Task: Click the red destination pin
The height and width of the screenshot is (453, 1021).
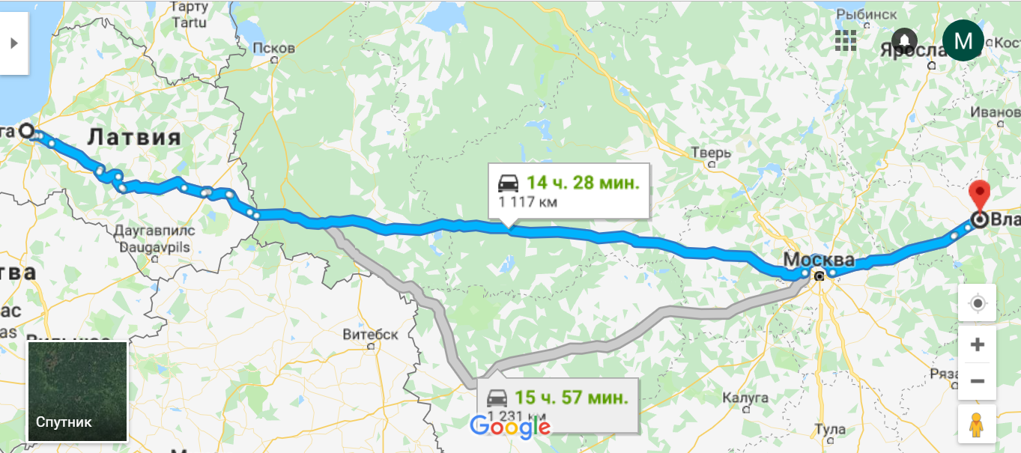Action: (979, 195)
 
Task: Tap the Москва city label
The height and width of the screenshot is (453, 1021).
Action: (818, 260)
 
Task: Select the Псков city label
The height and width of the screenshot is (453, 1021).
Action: (273, 48)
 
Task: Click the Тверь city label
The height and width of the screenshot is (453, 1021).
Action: (710, 153)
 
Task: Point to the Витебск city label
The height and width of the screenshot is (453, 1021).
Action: (370, 334)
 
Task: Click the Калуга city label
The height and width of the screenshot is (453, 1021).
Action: (746, 396)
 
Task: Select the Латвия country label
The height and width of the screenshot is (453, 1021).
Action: (135, 137)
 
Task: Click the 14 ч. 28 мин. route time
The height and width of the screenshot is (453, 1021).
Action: (582, 183)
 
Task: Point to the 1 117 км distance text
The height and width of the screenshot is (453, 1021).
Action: (528, 201)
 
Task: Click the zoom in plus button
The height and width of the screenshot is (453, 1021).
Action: (977, 345)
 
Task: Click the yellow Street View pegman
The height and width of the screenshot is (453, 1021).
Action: (977, 425)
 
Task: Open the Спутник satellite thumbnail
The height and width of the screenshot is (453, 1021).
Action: (77, 392)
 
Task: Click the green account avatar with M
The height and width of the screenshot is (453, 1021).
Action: (963, 40)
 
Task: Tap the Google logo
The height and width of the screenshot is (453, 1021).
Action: (510, 428)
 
